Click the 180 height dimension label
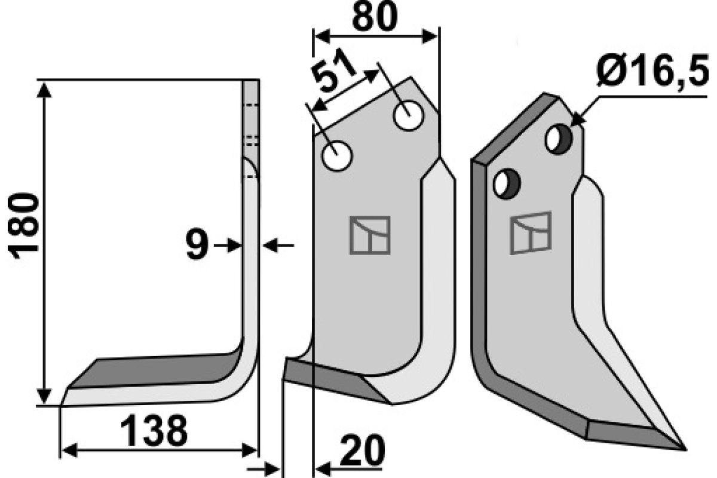tap(23, 226)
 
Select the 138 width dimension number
tap(154, 431)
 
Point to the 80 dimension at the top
tap(375, 16)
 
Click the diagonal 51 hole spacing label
tap(333, 71)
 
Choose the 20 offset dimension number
tap(362, 451)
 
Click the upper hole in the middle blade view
tap(409, 116)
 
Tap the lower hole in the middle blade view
tap(337, 156)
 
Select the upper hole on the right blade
tap(559, 139)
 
